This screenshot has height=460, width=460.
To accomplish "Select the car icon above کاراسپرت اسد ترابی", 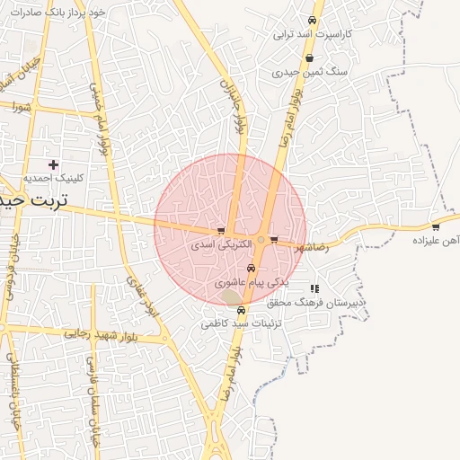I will [312, 20].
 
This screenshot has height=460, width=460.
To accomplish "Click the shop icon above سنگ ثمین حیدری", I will [309, 57].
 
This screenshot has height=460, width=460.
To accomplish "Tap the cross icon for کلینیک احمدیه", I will [54, 164].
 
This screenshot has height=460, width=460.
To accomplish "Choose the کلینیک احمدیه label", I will [53, 178].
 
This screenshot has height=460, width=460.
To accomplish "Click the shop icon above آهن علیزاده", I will [436, 226].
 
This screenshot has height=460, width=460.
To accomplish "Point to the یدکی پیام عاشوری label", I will [252, 282].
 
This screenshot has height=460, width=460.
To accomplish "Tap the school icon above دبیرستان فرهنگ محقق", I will [314, 288].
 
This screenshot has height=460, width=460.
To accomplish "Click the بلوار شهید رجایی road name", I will [99, 333].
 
